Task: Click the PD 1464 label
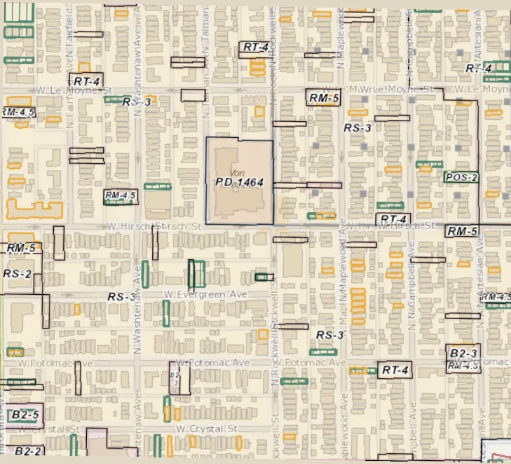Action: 240,182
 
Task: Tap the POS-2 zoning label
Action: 461,177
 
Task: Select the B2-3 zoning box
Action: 463,353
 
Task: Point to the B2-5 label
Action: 26,415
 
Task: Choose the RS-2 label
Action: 17,274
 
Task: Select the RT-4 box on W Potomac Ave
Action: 394,370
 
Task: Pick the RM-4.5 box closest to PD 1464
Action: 121,196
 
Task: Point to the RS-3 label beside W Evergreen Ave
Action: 122,297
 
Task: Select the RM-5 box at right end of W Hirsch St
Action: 461,231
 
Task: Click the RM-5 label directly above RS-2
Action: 21,248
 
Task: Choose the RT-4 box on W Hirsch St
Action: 393,219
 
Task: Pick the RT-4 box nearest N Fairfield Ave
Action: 86,81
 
